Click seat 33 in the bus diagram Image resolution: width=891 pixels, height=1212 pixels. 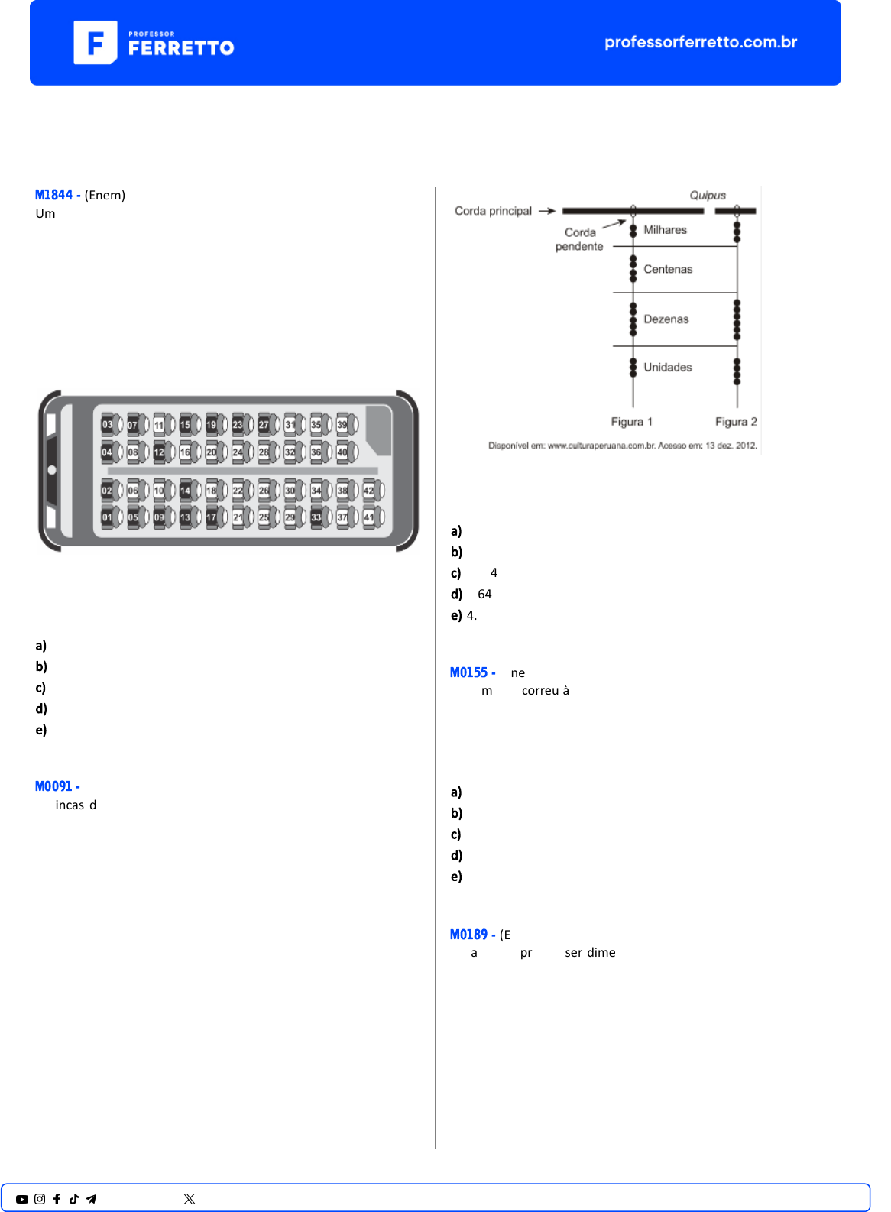click(316, 517)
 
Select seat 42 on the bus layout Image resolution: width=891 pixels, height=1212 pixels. click(369, 491)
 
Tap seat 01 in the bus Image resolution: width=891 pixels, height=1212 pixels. click(107, 517)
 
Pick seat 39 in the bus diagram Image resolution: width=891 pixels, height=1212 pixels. click(342, 425)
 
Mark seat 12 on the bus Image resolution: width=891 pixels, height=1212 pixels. click(159, 452)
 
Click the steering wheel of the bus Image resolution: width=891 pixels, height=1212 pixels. click(52, 470)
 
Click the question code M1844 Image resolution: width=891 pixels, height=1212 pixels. click(53, 195)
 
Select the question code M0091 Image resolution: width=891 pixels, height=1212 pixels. click(53, 786)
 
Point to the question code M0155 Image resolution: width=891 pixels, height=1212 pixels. click(468, 672)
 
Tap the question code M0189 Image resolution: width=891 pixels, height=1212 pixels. click(468, 935)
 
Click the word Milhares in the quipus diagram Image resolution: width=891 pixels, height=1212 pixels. click(665, 230)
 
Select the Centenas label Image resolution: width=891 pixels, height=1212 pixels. click(668, 269)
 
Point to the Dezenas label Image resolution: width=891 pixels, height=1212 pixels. click(666, 319)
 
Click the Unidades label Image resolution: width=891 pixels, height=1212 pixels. click(668, 368)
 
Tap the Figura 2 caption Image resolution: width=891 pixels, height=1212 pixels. click(736, 422)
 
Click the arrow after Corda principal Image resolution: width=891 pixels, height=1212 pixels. click(546, 211)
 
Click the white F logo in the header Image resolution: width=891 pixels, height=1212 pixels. click(96, 43)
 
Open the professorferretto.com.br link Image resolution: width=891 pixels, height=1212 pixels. click(701, 42)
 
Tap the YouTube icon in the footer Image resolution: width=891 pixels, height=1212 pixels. click(22, 1199)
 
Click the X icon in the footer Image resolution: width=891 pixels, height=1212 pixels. click(190, 1199)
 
